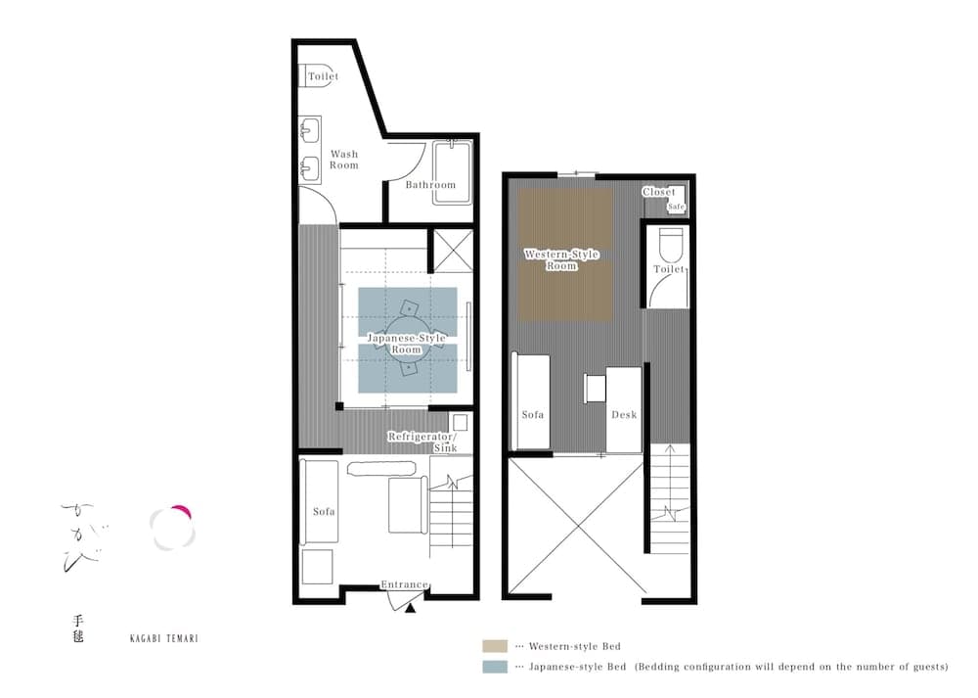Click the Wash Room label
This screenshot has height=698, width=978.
(343, 160)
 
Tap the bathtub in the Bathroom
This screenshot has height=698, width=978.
(452, 172)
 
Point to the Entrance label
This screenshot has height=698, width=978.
(404, 584)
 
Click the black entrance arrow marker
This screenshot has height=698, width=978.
(411, 608)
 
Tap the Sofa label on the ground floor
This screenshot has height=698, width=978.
(324, 511)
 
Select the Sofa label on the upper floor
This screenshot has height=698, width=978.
(532, 415)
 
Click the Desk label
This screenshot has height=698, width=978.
(623, 415)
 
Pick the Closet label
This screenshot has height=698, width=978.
(658, 192)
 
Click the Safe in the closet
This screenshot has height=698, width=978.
(676, 207)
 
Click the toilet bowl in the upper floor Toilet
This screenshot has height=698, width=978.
(670, 243)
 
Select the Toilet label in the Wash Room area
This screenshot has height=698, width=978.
(323, 76)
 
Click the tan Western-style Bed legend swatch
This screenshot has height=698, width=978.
(493, 646)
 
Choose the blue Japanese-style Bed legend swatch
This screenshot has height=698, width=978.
(493, 667)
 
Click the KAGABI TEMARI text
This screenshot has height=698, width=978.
(164, 637)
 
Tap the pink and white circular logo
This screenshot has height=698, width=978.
(173, 527)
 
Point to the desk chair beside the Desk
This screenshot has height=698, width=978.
(594, 388)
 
